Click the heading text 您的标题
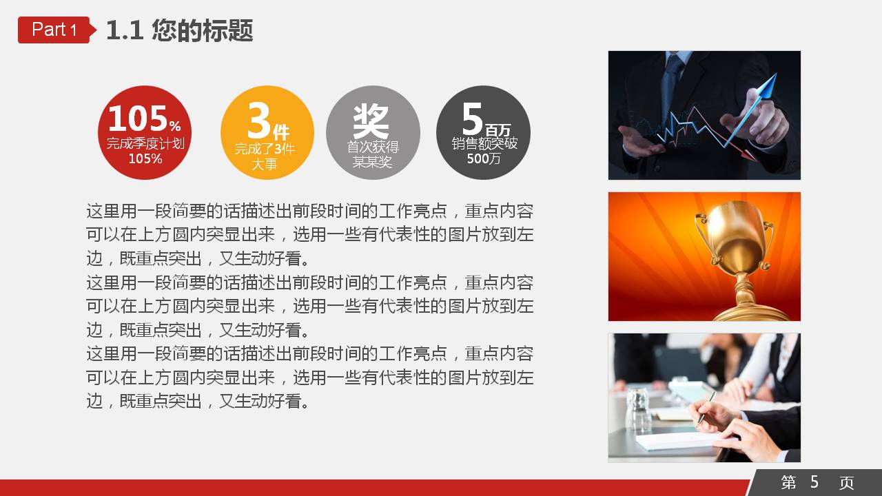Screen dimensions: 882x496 [x=203, y=30]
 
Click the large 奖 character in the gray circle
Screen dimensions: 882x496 [x=371, y=121]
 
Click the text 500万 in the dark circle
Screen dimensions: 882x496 [x=484, y=158]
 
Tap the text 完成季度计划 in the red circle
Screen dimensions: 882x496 [x=145, y=143]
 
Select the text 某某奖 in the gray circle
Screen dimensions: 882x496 [x=372, y=162]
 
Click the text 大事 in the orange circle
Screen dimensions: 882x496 [x=264, y=164]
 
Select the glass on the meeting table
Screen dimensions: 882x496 [x=637, y=409]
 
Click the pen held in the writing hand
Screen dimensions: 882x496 [x=706, y=406]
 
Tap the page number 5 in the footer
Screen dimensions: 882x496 [x=814, y=482]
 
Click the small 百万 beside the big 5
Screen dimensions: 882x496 [x=498, y=130]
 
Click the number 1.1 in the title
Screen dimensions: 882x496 [x=125, y=31]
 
